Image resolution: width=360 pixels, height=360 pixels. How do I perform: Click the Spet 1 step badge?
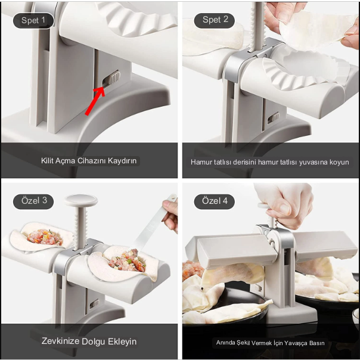pos(33,20)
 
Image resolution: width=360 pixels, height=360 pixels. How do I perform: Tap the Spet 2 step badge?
pos(215,20)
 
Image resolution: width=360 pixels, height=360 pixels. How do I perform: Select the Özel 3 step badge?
pos(33,201)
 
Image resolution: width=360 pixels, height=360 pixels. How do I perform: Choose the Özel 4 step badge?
pos(215,201)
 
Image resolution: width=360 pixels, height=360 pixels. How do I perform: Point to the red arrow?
pos(95,101)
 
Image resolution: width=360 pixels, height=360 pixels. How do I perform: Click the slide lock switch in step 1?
pos(111,78)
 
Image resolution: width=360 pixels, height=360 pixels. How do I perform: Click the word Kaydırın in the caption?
pos(122,161)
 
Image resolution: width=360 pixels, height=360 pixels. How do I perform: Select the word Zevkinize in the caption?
pos(61,341)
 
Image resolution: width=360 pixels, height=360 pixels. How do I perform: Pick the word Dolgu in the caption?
pos(94,342)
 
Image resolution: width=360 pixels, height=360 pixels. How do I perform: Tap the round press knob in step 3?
pos(81,200)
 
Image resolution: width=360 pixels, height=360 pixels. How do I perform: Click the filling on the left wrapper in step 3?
pos(45,237)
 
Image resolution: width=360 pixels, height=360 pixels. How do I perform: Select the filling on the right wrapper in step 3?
pos(127,261)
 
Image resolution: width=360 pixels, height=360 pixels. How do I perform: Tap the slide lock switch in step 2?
pos(273,118)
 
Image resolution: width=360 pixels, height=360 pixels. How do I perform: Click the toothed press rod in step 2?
pos(258,26)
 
